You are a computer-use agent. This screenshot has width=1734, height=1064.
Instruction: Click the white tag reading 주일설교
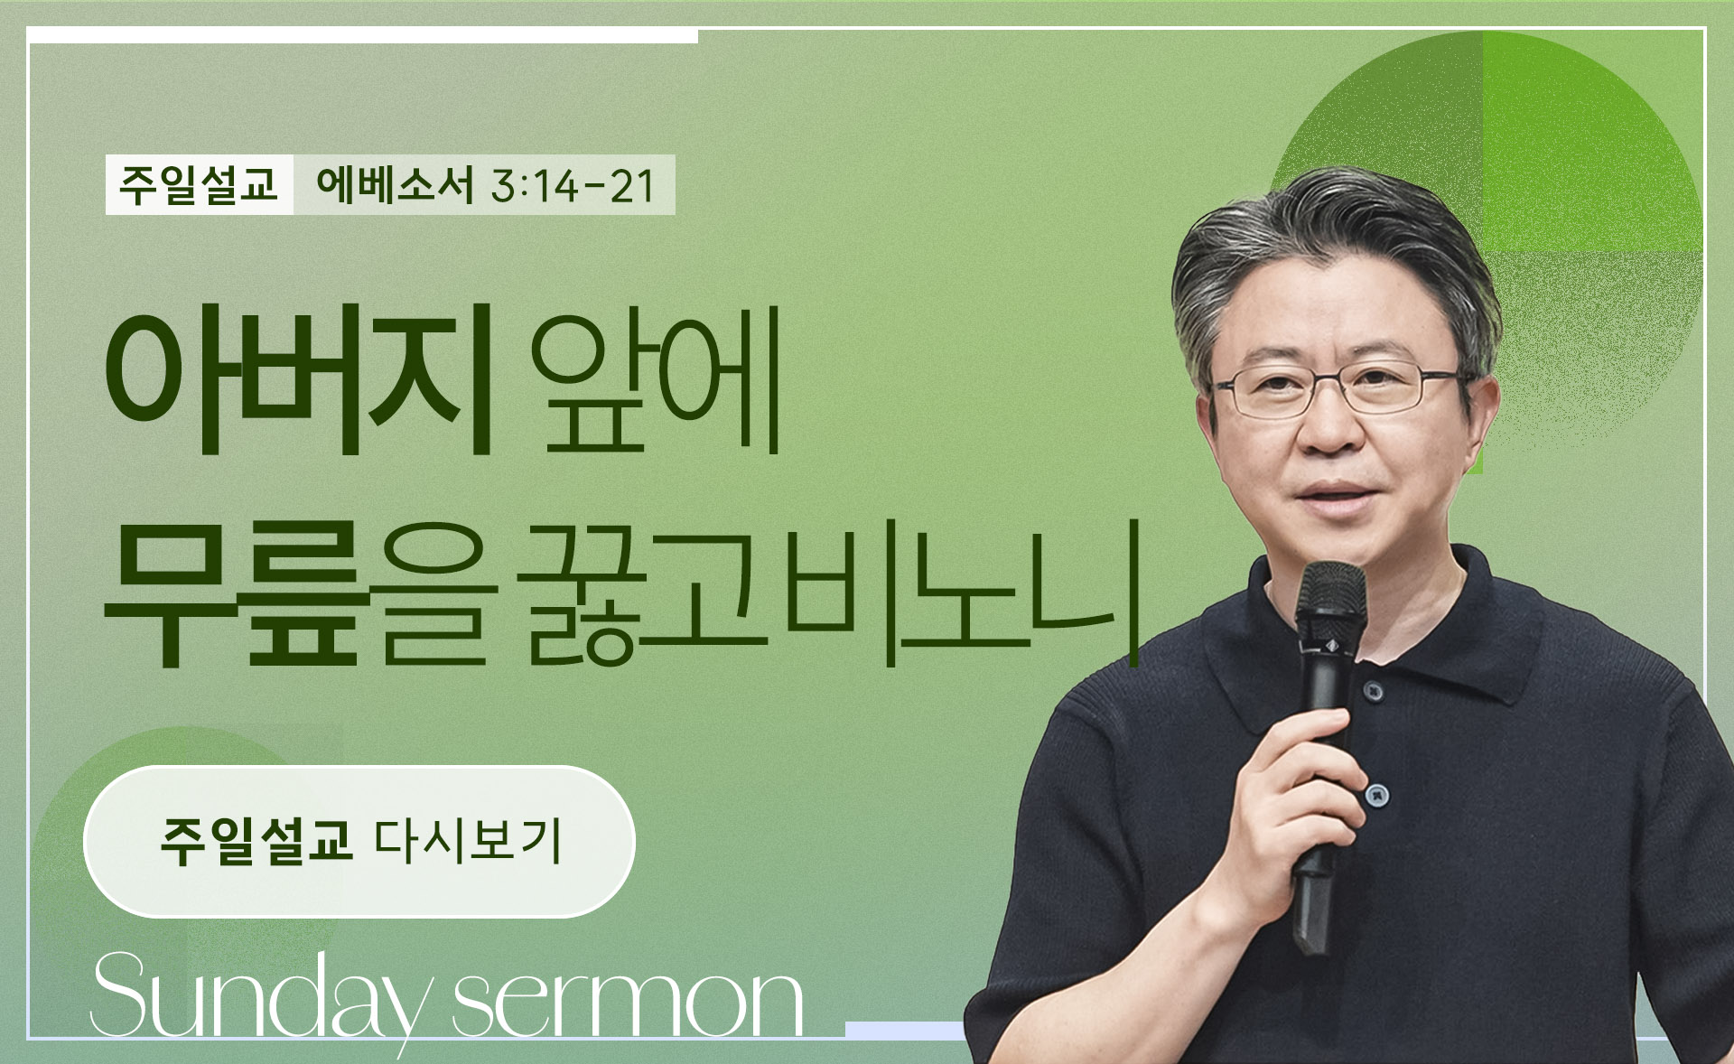pyautogui.click(x=199, y=185)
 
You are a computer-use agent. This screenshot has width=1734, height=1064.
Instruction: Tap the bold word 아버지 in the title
pyautogui.click(x=299, y=379)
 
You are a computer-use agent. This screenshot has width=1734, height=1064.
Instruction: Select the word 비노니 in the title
pyautogui.click(x=963, y=592)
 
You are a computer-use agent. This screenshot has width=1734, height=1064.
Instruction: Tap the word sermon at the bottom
pyautogui.click(x=628, y=1003)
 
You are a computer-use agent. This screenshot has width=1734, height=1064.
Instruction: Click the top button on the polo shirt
pyautogui.click(x=1374, y=691)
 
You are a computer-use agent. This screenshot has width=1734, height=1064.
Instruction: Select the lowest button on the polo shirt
pyautogui.click(x=1375, y=795)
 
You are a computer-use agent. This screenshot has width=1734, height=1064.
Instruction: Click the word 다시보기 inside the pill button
pyautogui.click(x=469, y=841)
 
